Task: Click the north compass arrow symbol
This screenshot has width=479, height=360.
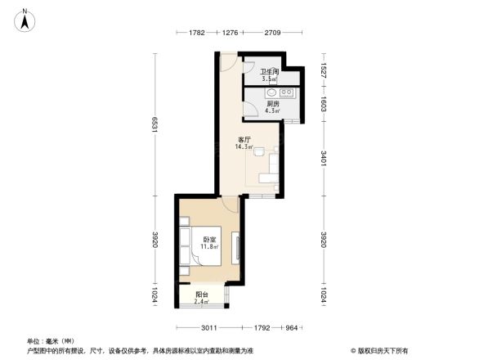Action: [x=25, y=19]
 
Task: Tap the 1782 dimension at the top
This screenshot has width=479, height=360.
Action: [x=196, y=33]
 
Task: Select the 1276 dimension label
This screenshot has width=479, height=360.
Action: [x=230, y=33]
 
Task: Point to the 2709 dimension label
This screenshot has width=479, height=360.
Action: [x=272, y=33]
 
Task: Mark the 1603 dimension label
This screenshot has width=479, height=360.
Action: [x=324, y=104]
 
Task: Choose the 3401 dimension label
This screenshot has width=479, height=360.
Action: [x=324, y=159]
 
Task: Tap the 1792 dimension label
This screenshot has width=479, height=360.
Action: [x=261, y=327]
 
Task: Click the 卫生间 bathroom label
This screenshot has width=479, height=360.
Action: [x=270, y=72]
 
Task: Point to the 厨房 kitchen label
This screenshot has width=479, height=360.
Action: [x=273, y=104]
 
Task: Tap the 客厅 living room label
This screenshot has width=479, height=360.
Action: [x=244, y=140]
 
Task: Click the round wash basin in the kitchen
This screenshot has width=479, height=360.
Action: [x=269, y=92]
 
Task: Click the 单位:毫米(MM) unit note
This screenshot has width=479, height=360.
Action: [x=50, y=340]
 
